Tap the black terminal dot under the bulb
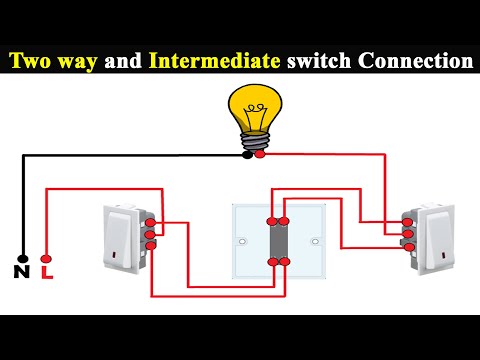pyautogui.click(x=247, y=154)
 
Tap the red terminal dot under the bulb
pyautogui.click(x=260, y=154)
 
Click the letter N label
pyautogui.click(x=21, y=271)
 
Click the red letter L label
pyautogui.click(x=46, y=271)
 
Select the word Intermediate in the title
pyautogui.click(x=215, y=61)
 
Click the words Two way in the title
pyautogui.click(x=52, y=61)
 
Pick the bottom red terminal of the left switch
pyautogui.click(x=150, y=247)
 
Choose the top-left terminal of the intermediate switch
pyautogui.click(x=271, y=220)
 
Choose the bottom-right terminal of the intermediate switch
pyautogui.click(x=284, y=261)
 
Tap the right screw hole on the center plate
pyautogui.click(x=315, y=241)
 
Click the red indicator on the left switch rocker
pyautogui.click(x=122, y=257)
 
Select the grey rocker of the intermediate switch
pyautogui.click(x=278, y=241)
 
